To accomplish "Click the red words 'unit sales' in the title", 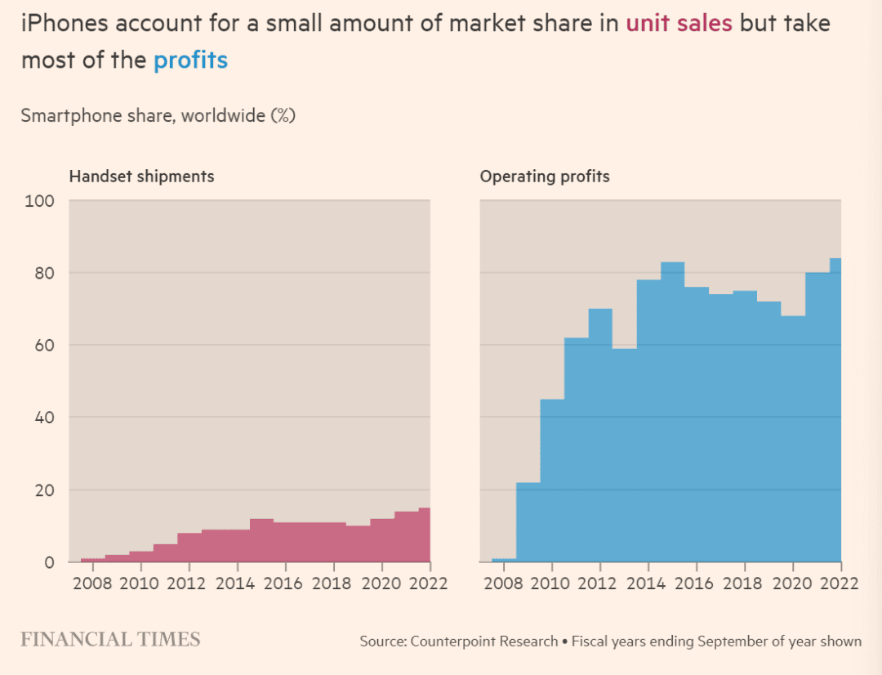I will click(x=679, y=23).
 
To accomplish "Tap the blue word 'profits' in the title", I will click(x=190, y=60).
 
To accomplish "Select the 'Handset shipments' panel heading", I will click(x=141, y=176).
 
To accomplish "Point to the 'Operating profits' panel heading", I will click(x=545, y=176).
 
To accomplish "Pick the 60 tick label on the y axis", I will click(x=43, y=345).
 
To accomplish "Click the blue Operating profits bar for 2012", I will click(x=600, y=433).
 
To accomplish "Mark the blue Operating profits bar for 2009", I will click(x=528, y=523).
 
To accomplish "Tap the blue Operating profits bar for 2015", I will click(x=672, y=409).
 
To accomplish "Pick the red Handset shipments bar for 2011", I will click(x=165, y=553).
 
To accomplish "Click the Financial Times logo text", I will click(x=110, y=639).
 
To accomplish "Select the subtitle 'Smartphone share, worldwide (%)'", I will click(x=158, y=115).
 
